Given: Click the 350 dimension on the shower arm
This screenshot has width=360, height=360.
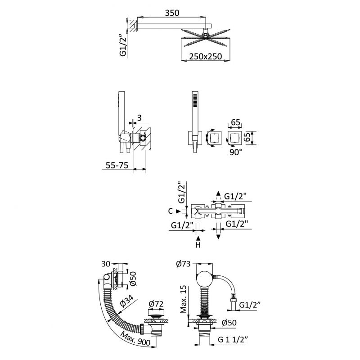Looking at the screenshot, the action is (172, 13).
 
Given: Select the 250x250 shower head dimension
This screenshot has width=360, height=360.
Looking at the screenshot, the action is (206, 56).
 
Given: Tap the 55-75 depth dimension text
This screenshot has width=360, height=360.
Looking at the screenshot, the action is (117, 165).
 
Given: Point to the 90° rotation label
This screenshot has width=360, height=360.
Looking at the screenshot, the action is (235, 152).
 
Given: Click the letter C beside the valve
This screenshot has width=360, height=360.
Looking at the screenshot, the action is (171, 211).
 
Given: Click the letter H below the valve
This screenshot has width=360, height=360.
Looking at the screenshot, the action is (198, 245).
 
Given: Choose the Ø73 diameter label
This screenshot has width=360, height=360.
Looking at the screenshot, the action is (183, 264).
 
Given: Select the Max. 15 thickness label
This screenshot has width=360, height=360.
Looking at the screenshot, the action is (184, 300).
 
